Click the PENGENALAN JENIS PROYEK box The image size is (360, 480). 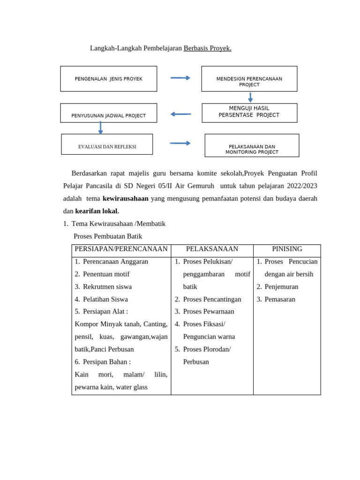coord(108,79)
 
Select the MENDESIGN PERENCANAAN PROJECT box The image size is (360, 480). coord(249,79)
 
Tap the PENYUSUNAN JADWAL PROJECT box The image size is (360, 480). coord(108,113)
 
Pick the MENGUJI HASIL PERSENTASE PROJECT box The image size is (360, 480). coord(249,112)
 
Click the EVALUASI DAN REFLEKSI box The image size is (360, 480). coord(107,144)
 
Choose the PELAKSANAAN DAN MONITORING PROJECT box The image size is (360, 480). coord(252,146)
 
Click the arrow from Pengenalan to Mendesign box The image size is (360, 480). coord(180,78)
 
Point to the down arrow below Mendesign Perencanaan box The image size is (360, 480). coord(250,97)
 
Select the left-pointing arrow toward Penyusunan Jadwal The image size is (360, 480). coord(180,114)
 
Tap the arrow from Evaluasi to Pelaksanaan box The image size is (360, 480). coord(180,143)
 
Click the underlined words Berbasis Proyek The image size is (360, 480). coord(207,48)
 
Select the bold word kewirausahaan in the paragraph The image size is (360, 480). coord(125,198)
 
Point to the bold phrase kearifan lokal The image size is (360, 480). coord(97,211)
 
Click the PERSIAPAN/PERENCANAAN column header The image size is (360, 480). coord(121,249)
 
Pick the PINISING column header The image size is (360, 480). coord(287,249)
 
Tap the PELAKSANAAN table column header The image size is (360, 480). coord(212,249)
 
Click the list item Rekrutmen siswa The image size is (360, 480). coord(107,286)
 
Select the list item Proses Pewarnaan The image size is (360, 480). coord(209,311)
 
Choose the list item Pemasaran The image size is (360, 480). coord(280,299)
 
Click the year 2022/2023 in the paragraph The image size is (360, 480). coord(300,186)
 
